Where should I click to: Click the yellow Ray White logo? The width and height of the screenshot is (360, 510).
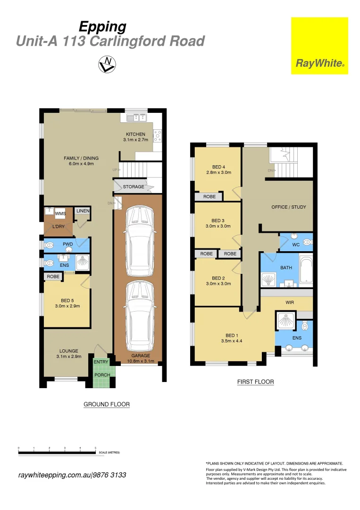(x=319, y=46)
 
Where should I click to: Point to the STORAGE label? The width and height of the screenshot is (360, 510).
(x=134, y=187)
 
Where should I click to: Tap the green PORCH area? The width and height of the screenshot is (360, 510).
(x=102, y=375)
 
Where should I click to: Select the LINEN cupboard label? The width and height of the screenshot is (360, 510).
(x=83, y=211)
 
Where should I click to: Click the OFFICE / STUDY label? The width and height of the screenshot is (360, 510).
(x=289, y=207)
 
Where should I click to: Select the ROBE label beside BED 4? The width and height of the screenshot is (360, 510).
(x=209, y=196)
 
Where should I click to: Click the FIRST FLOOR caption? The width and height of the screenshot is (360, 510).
(x=255, y=382)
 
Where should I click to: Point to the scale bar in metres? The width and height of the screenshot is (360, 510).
(x=57, y=453)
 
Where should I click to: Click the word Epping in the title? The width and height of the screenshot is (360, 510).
(x=102, y=26)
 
